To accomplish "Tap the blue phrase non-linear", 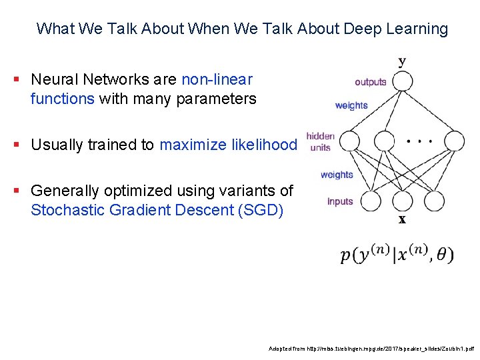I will tap(217, 79).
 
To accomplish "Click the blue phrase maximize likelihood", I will tap(228, 144).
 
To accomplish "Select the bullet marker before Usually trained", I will tap(15, 145).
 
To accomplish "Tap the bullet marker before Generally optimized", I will tap(15, 191).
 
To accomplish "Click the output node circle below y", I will tap(402, 82).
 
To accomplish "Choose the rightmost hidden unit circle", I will tap(453, 141).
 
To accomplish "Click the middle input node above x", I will tap(402, 200).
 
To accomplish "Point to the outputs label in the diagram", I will tap(371, 82).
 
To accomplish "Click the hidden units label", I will tap(320, 141).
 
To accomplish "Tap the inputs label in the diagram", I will tap(341, 201).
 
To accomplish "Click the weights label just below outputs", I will tap(351, 105).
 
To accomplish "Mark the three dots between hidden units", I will tap(419, 141).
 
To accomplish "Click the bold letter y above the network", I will tap(402, 62).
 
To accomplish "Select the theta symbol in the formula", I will tap(441, 255).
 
